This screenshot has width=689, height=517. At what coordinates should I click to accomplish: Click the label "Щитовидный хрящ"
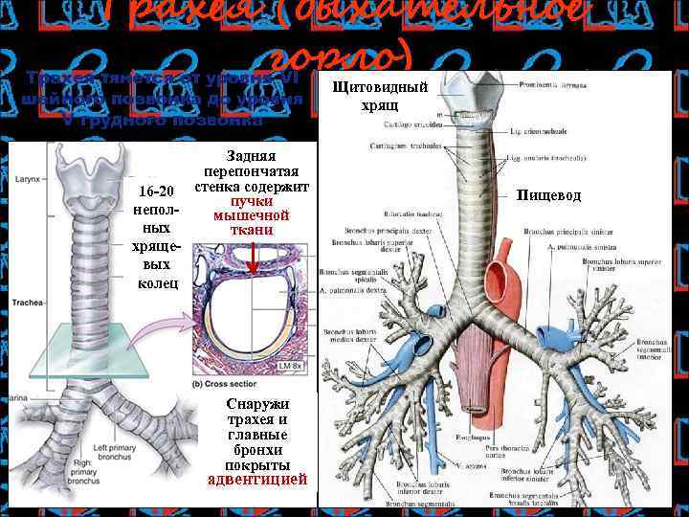click(x=372, y=96)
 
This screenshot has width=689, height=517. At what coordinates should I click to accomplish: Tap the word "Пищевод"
click(x=548, y=195)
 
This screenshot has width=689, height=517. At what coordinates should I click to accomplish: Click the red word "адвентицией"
click(x=257, y=478)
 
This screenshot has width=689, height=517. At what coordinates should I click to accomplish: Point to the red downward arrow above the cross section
click(x=252, y=257)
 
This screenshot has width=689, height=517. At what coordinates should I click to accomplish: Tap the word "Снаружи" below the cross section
click(x=257, y=404)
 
